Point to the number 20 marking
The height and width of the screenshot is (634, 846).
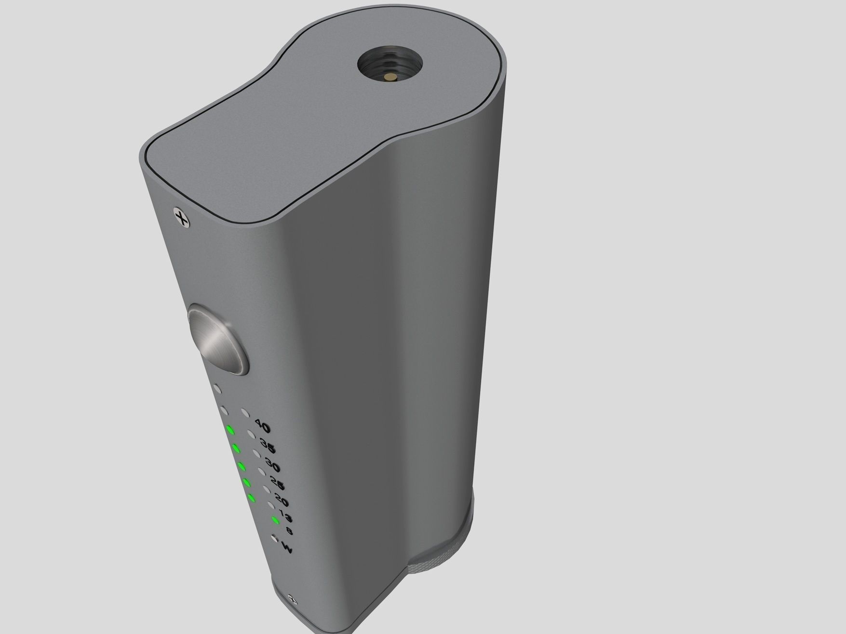282,501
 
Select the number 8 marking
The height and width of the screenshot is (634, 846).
289,531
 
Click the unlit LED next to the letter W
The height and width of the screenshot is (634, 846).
274,538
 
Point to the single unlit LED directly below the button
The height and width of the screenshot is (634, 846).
217,388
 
